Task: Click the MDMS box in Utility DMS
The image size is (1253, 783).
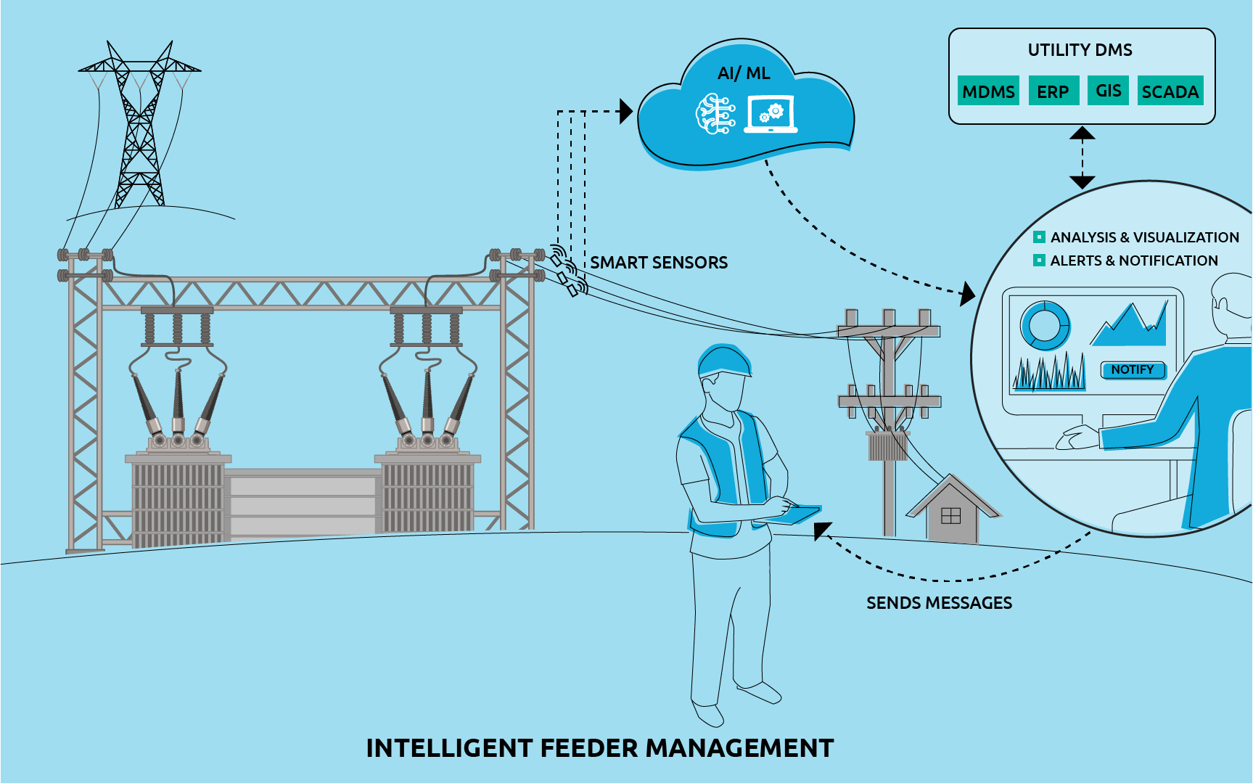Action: click(x=988, y=91)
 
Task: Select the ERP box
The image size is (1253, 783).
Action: click(x=1053, y=91)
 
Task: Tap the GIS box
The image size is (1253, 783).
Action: click(x=1108, y=91)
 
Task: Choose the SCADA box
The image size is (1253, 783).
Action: click(x=1170, y=91)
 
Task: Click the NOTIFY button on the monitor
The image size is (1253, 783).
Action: click(x=1133, y=370)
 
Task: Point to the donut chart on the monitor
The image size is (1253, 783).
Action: click(x=1045, y=325)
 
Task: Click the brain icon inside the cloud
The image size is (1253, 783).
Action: click(x=715, y=115)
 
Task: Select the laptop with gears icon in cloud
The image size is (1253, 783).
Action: click(x=771, y=115)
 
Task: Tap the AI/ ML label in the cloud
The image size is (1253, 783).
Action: click(x=744, y=73)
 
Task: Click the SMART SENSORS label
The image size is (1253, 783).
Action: click(x=658, y=263)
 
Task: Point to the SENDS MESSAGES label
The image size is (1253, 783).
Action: click(x=939, y=603)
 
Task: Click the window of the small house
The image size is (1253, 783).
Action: click(x=950, y=516)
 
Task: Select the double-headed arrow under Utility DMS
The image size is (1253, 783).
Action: click(x=1082, y=157)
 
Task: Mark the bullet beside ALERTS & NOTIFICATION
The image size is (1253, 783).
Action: click(x=1039, y=261)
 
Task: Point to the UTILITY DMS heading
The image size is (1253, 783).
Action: click(x=1080, y=50)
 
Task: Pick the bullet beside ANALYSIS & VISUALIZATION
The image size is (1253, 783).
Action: click(x=1039, y=237)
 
